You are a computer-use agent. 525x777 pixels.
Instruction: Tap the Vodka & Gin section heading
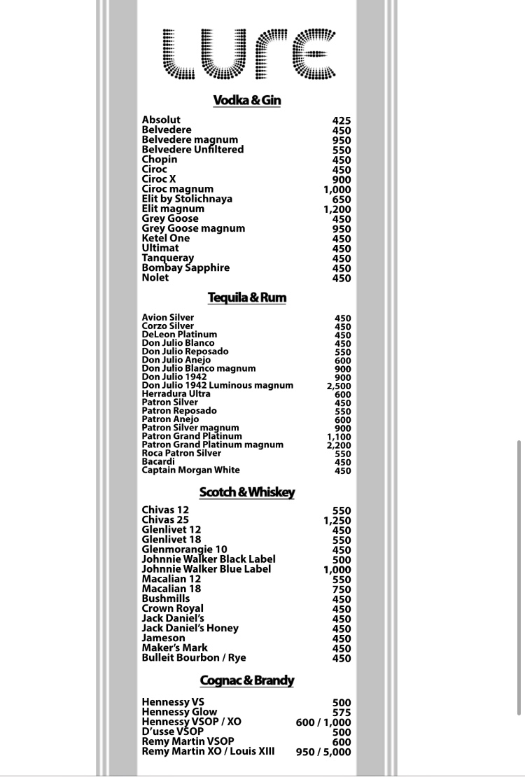pos(246,101)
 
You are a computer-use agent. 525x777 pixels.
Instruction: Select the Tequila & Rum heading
pos(246,298)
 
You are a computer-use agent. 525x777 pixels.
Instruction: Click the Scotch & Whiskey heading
pos(246,493)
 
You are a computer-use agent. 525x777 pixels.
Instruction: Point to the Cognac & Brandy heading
pos(246,680)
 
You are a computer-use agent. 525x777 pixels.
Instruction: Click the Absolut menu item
pos(161,120)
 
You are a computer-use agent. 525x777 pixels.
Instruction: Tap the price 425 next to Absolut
pos(342,120)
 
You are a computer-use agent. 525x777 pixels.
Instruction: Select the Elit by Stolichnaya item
pos(187,199)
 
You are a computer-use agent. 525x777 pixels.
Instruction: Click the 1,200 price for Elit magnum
pos(337,209)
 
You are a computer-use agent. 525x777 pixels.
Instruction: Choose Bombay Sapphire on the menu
pos(185,268)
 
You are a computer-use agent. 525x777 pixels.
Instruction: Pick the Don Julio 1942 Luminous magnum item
pos(218,386)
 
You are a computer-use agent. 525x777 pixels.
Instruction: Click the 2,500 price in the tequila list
pos(339,386)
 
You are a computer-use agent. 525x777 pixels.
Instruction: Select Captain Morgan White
pos(190,470)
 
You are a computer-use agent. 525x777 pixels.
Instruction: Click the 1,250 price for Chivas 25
pos(337,521)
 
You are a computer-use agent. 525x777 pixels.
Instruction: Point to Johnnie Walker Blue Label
pos(206,569)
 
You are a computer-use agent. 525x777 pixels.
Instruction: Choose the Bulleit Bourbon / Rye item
pos(194,658)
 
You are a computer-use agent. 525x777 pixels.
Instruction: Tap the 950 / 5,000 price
pos(323,752)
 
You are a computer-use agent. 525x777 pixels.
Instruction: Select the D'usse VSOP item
pos(172,732)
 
